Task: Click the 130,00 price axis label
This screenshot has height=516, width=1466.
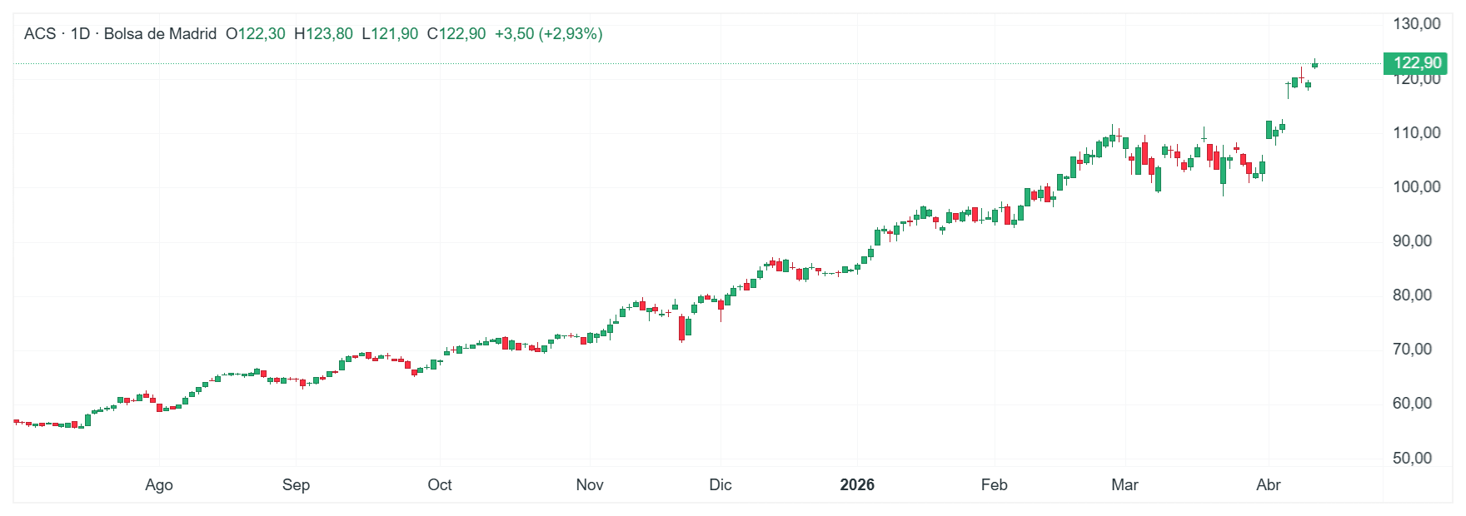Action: (x=1416, y=24)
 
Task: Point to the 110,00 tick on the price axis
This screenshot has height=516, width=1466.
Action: (x=1416, y=133)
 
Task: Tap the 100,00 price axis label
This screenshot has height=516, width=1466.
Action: (x=1416, y=187)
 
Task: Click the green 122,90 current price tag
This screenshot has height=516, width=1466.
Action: (x=1417, y=63)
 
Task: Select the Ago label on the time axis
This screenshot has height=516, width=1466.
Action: (x=159, y=485)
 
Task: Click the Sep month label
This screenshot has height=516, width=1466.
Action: (x=296, y=485)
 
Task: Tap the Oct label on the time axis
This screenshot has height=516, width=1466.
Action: (x=440, y=485)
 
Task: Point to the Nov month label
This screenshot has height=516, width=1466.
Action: (x=590, y=485)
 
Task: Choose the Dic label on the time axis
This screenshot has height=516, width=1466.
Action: (x=721, y=485)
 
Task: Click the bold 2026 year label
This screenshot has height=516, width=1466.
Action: (x=857, y=485)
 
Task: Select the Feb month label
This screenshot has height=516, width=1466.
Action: (x=994, y=485)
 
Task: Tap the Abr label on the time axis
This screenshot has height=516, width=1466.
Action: (x=1269, y=485)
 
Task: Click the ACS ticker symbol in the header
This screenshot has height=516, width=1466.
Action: (x=40, y=34)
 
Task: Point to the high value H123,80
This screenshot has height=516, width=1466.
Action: (x=323, y=34)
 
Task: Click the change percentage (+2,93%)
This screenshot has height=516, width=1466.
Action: (x=571, y=34)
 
